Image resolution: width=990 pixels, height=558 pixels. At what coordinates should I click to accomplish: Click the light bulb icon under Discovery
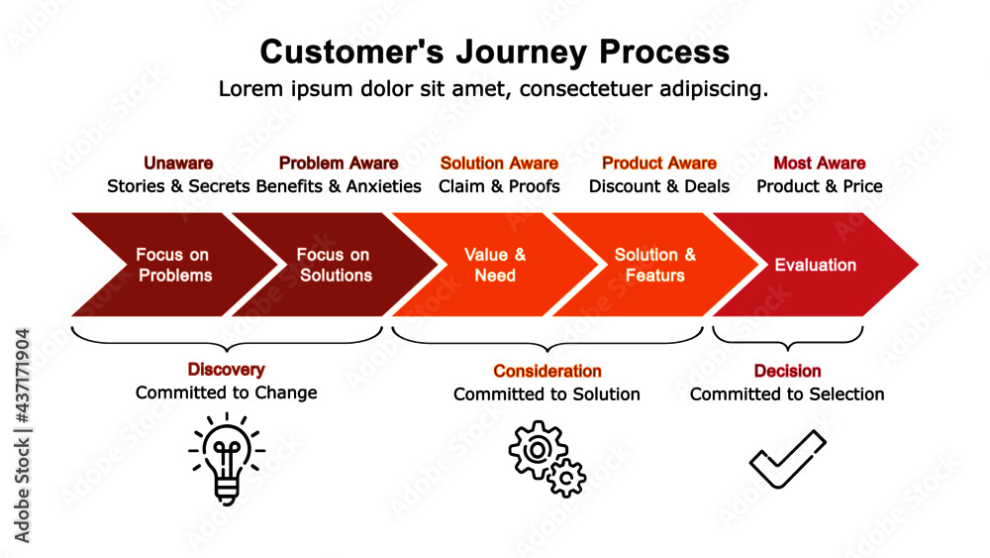227,458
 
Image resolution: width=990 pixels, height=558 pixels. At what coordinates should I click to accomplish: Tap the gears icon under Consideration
546,459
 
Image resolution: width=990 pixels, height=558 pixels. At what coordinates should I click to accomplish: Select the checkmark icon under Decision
787,459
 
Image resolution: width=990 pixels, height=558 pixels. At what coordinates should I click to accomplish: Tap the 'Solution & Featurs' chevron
654,265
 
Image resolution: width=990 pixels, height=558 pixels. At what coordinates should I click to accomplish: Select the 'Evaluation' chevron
815,265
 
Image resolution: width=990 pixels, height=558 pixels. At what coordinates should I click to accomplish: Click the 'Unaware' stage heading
178,164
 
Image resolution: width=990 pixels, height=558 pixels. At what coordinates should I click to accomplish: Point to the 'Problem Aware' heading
339,164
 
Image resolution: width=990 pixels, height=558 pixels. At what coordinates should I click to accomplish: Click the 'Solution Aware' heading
499,164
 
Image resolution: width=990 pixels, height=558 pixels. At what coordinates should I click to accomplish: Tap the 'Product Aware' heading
659,164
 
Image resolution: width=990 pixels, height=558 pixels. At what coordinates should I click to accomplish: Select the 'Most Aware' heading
820,164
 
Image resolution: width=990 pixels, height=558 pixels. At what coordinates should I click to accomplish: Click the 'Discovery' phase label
227,370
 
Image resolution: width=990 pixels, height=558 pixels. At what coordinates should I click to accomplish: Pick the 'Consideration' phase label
547,372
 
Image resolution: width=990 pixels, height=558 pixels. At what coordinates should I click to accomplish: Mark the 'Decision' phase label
787,372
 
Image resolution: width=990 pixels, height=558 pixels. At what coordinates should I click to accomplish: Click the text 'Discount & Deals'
659,186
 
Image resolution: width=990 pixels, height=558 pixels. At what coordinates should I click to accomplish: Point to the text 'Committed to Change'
227,392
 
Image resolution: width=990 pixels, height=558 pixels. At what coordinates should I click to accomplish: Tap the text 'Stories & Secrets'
178,186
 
